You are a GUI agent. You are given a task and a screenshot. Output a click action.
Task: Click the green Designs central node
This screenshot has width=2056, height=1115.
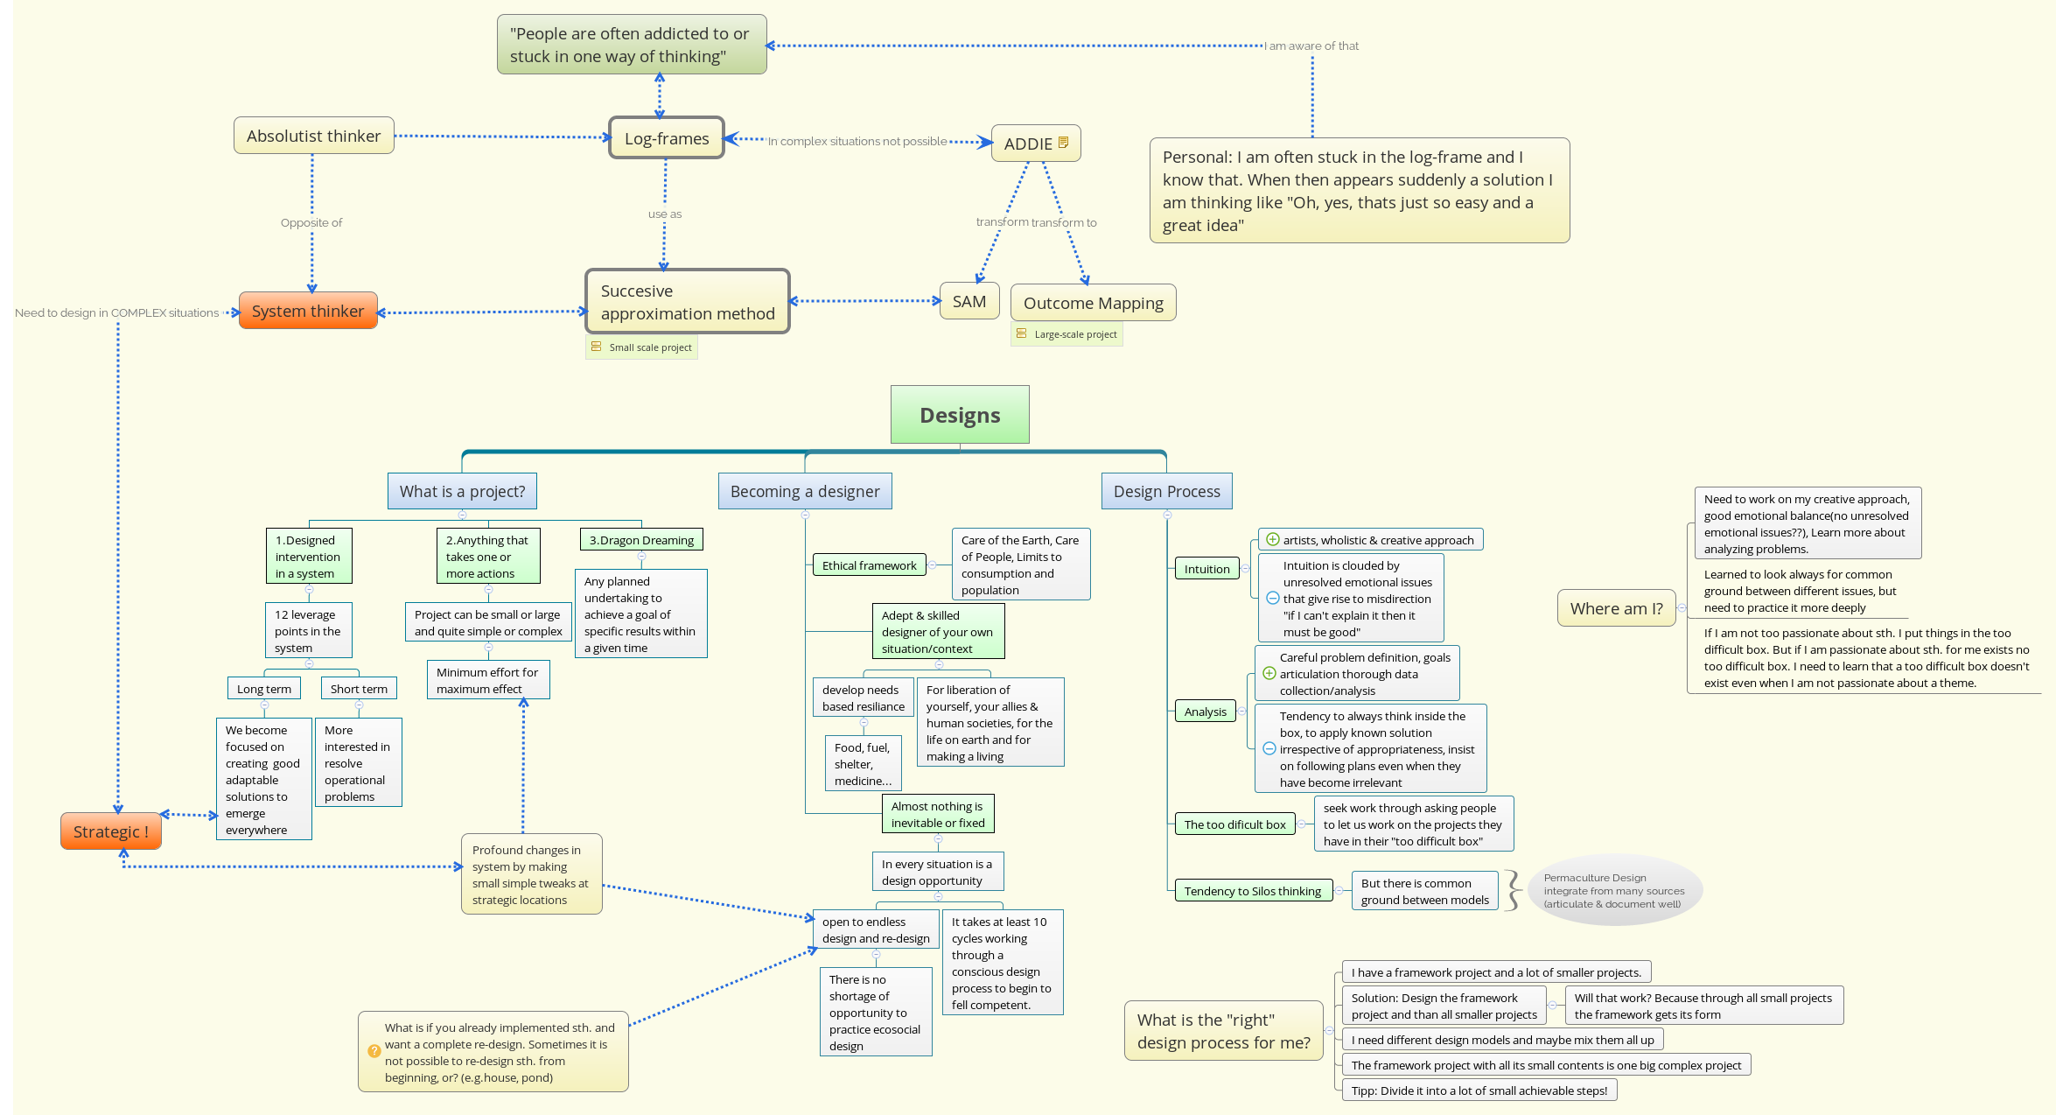pos(960,415)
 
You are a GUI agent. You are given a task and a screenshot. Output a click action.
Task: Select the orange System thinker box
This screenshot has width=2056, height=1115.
pos(308,311)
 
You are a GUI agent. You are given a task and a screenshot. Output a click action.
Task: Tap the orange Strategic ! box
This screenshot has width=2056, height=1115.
pos(111,831)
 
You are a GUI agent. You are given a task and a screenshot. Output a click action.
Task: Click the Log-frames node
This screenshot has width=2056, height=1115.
pos(667,138)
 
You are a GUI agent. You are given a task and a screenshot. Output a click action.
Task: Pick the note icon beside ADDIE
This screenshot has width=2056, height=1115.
pos(1063,143)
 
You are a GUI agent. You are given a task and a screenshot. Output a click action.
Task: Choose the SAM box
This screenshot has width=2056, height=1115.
pos(969,301)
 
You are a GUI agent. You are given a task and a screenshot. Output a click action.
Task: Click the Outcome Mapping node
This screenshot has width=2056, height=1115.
pos(1093,303)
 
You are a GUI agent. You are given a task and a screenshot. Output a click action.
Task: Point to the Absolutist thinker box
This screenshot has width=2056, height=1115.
pos(313,136)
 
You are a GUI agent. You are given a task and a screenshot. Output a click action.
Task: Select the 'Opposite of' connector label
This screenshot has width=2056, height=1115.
pos(311,223)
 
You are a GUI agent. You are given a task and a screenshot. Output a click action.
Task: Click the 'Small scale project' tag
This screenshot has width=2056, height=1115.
pos(642,347)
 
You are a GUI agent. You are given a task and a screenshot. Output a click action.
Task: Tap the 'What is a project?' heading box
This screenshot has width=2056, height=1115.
pos(462,491)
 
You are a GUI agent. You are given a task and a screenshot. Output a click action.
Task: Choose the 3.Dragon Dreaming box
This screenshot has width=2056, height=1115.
pos(641,540)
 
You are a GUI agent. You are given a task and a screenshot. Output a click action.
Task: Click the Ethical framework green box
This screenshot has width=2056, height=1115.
pos(869,565)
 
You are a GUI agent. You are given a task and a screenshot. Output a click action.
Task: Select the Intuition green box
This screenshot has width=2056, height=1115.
pos(1206,569)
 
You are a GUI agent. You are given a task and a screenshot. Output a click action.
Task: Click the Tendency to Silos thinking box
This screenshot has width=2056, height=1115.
pos(1252,891)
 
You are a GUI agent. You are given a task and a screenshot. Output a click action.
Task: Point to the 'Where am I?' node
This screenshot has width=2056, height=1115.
pos(1616,608)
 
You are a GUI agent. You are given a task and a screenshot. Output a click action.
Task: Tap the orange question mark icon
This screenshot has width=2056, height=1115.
pos(374,1051)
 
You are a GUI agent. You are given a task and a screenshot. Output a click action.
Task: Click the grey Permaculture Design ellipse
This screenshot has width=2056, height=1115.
pos(1614,890)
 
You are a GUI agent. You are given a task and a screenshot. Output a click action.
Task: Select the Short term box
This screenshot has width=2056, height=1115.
pos(359,689)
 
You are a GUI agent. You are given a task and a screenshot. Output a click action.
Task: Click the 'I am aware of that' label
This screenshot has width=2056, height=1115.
pos(1311,46)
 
